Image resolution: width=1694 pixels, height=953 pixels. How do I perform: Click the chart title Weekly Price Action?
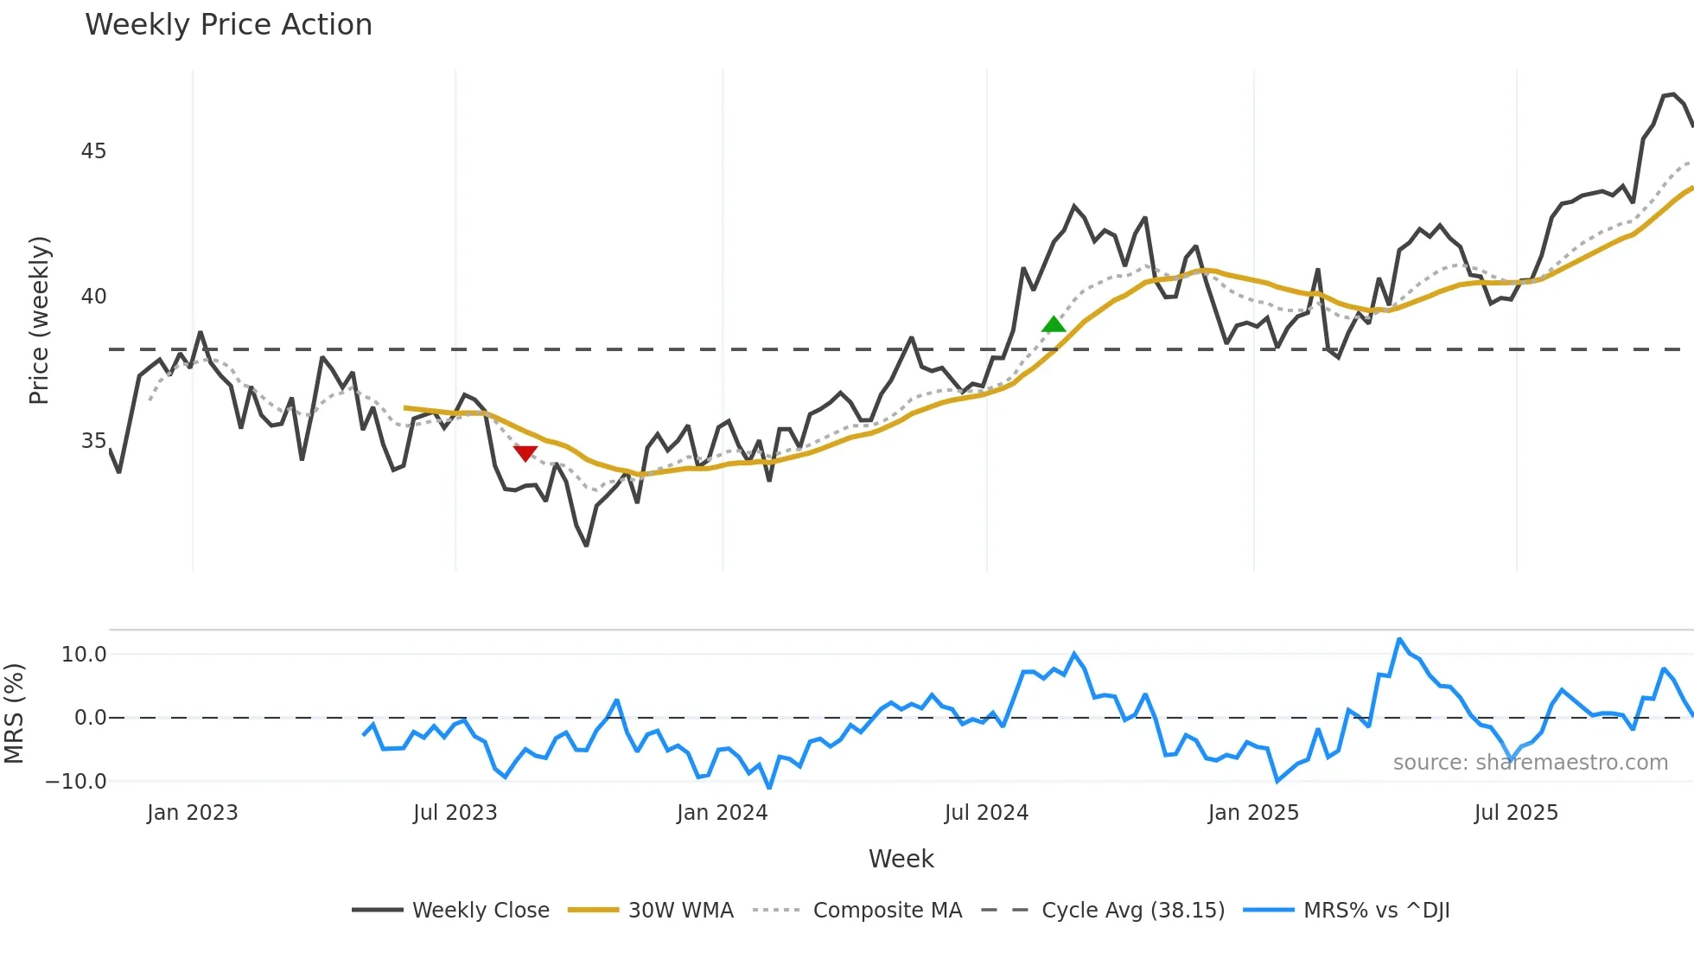pyautogui.click(x=228, y=24)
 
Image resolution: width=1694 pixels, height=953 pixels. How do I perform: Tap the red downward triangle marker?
pyautogui.click(x=525, y=452)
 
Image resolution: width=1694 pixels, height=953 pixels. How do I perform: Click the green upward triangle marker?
pyautogui.click(x=1054, y=324)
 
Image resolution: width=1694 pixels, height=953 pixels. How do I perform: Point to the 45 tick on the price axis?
pyautogui.click(x=93, y=151)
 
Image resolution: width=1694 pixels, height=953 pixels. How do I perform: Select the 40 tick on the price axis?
pyautogui.click(x=93, y=297)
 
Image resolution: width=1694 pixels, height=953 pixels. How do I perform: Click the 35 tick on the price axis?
pyautogui.click(x=93, y=441)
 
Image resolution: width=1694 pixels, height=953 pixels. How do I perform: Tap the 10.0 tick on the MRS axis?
pyautogui.click(x=84, y=655)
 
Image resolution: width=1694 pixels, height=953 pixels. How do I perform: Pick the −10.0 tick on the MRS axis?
pyautogui.click(x=76, y=782)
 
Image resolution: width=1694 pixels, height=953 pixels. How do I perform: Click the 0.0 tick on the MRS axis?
pyautogui.click(x=90, y=718)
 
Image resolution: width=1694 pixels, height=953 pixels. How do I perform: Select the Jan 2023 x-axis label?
pyautogui.click(x=192, y=813)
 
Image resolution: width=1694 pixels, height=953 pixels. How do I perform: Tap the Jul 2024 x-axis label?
pyautogui.click(x=986, y=813)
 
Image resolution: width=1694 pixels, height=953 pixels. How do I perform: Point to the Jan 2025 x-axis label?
pyautogui.click(x=1253, y=813)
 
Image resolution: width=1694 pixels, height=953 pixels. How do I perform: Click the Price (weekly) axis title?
pyautogui.click(x=39, y=320)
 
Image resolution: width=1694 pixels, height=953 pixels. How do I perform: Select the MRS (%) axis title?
pyautogui.click(x=14, y=713)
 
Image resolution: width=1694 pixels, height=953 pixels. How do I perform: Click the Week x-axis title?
pyautogui.click(x=901, y=859)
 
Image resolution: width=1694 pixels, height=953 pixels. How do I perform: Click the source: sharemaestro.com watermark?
pyautogui.click(x=1530, y=763)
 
